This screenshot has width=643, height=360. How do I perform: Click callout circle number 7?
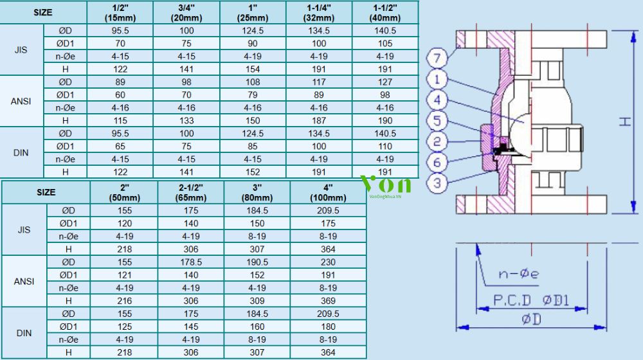pyautogui.click(x=437, y=58)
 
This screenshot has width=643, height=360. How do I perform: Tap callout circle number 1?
pyautogui.click(x=437, y=79)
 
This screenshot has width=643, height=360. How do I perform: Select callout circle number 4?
pyautogui.click(x=437, y=100)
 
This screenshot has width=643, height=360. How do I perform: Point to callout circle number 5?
pyautogui.click(x=437, y=121)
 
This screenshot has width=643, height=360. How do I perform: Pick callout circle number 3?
pyautogui.click(x=437, y=183)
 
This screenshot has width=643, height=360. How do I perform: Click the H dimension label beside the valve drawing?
pyautogui.click(x=625, y=122)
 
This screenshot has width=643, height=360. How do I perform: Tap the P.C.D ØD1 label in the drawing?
pyautogui.click(x=532, y=301)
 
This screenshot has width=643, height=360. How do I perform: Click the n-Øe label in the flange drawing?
pyautogui.click(x=518, y=273)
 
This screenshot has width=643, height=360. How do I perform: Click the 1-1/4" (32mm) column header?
pyautogui.click(x=319, y=13)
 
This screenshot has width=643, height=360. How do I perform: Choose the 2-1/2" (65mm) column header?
pyautogui.click(x=191, y=192)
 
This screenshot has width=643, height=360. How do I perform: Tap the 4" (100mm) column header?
pyautogui.click(x=328, y=192)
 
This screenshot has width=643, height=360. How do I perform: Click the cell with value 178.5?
pyautogui.click(x=191, y=262)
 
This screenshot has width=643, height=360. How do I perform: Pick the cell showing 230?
pyautogui.click(x=328, y=262)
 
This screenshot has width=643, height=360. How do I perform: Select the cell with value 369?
pyautogui.click(x=328, y=301)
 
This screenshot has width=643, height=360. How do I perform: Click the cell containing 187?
pyautogui.click(x=319, y=121)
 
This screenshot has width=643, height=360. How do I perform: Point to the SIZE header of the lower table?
pyautogui.click(x=46, y=192)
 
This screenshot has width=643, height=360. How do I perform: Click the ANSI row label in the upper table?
pyautogui.click(x=21, y=102)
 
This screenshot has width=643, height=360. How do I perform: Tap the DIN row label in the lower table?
pyautogui.click(x=24, y=333)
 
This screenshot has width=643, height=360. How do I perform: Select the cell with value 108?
pyautogui.click(x=253, y=82)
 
